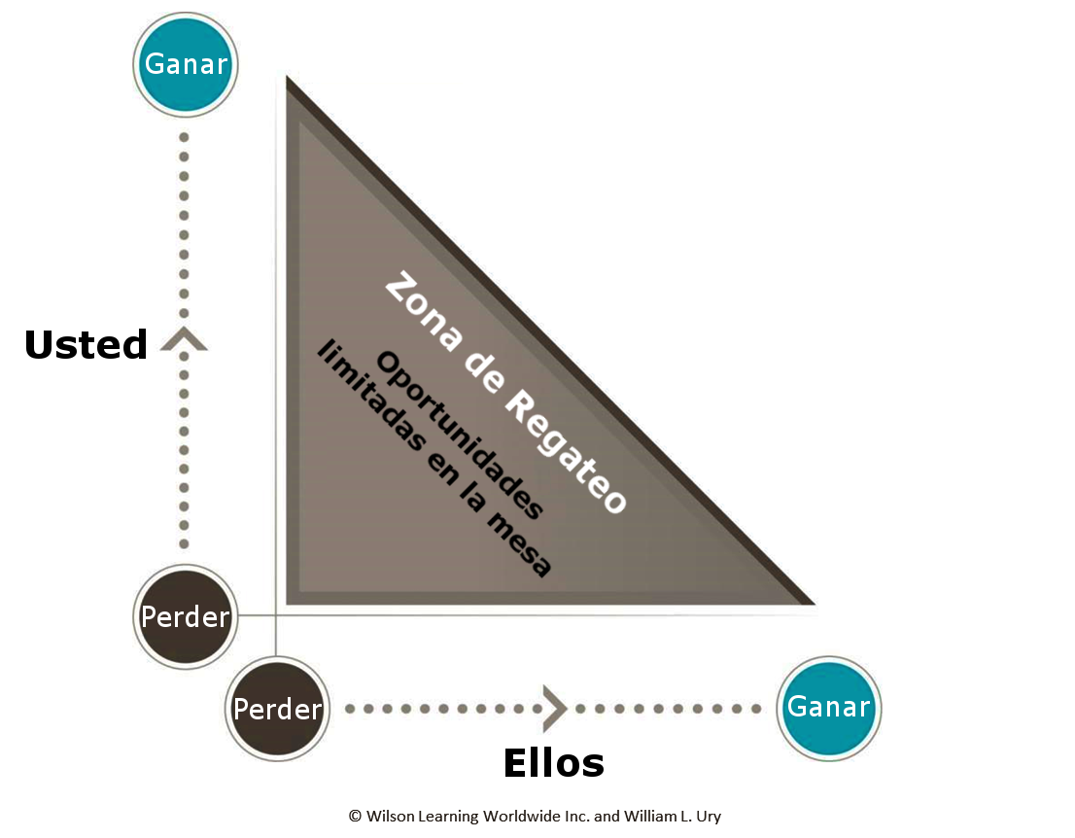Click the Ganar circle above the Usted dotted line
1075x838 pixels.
[x=185, y=64]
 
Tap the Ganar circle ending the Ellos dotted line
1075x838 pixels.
[x=828, y=707]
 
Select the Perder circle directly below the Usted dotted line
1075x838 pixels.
[x=185, y=616]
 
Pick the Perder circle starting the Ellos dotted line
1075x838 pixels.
[x=277, y=709]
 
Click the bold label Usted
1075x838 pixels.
[x=86, y=345]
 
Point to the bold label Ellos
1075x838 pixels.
[x=554, y=763]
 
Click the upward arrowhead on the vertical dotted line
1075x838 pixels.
[x=184, y=338]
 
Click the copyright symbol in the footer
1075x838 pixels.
[x=355, y=817]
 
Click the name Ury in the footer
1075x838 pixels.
[x=708, y=817]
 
